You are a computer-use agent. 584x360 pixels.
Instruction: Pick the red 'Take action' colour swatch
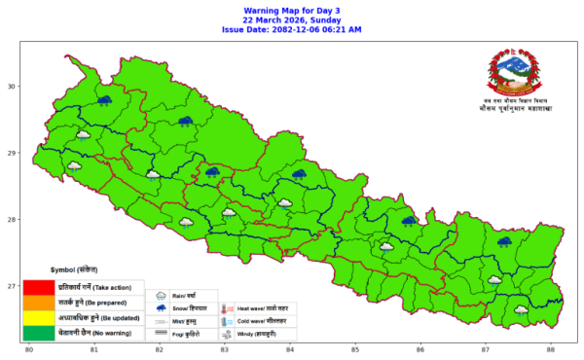point(39,287)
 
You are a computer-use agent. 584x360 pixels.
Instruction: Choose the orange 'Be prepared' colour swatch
point(39,303)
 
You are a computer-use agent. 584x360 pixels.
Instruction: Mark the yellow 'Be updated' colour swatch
point(39,318)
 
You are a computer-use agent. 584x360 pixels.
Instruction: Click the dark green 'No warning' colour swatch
point(39,333)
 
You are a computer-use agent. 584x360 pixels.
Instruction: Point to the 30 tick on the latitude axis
point(14,87)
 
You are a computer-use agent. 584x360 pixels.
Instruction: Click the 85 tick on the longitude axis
point(355,349)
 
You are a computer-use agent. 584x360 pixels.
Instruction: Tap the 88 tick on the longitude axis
point(551,349)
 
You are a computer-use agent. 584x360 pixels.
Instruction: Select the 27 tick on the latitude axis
point(14,286)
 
